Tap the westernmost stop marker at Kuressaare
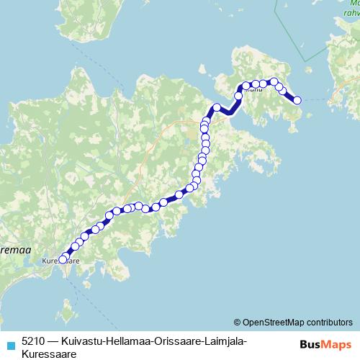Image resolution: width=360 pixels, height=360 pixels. click(x=63, y=259)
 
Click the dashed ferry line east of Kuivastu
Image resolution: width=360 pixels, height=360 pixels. click(x=317, y=98)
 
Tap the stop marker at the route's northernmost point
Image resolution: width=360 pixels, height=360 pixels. click(x=274, y=82)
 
